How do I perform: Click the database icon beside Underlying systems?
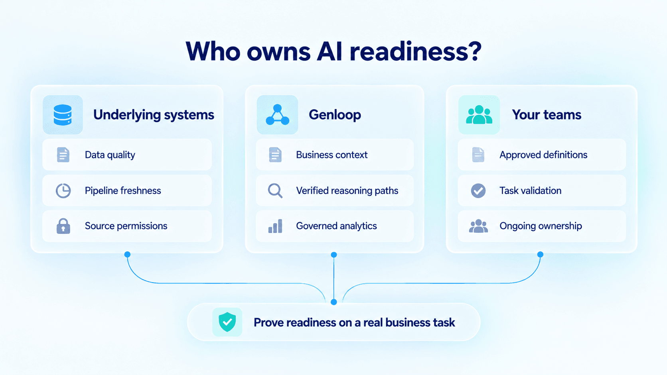click(x=63, y=115)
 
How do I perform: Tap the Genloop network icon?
click(x=277, y=115)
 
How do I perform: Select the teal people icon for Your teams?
click(x=479, y=115)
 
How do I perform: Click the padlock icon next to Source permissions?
click(x=63, y=226)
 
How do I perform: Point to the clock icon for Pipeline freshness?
click(x=63, y=190)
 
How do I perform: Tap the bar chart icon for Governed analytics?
click(x=275, y=226)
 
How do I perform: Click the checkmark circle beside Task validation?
click(x=478, y=190)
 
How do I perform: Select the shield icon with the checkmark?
click(x=227, y=322)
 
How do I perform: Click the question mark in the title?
click(x=473, y=51)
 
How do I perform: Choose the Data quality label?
click(x=110, y=155)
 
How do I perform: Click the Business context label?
click(x=332, y=155)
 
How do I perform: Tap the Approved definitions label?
click(x=543, y=155)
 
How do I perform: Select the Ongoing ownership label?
click(x=541, y=226)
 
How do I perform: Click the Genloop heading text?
click(x=335, y=115)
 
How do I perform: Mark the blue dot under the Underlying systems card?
click(x=127, y=254)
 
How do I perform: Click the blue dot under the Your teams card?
click(x=541, y=254)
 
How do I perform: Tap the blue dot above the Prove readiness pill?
click(x=334, y=302)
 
